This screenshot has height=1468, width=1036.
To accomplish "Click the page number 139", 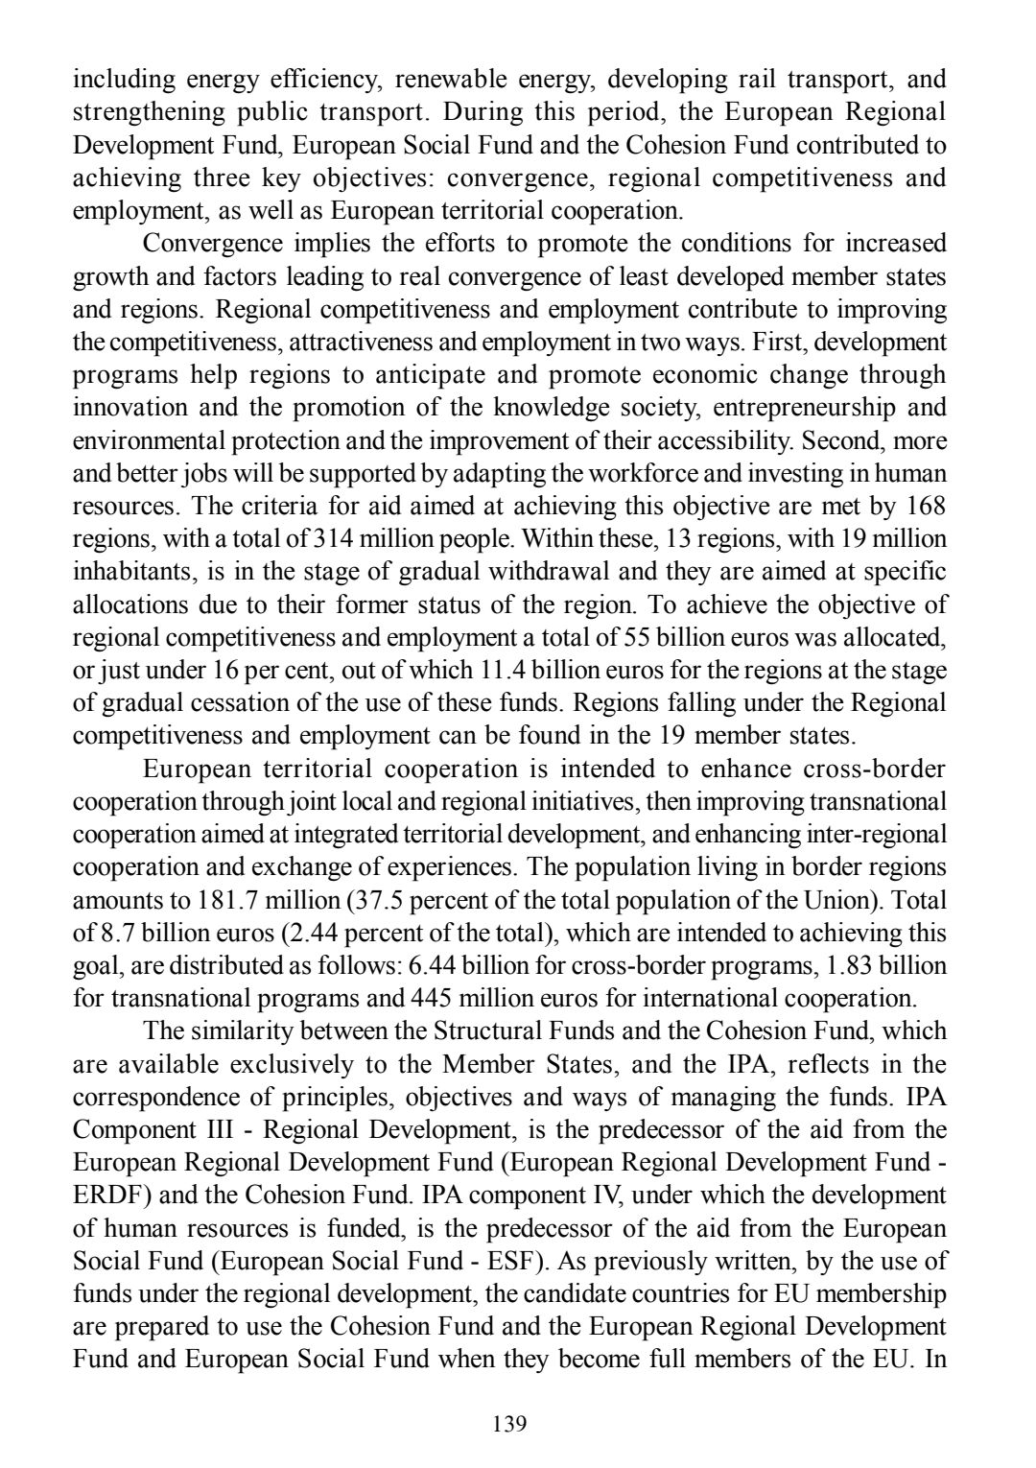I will [508, 1423].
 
